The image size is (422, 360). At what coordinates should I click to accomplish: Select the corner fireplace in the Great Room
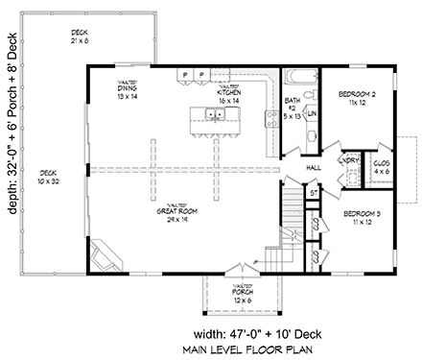pyautogui.click(x=105, y=256)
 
